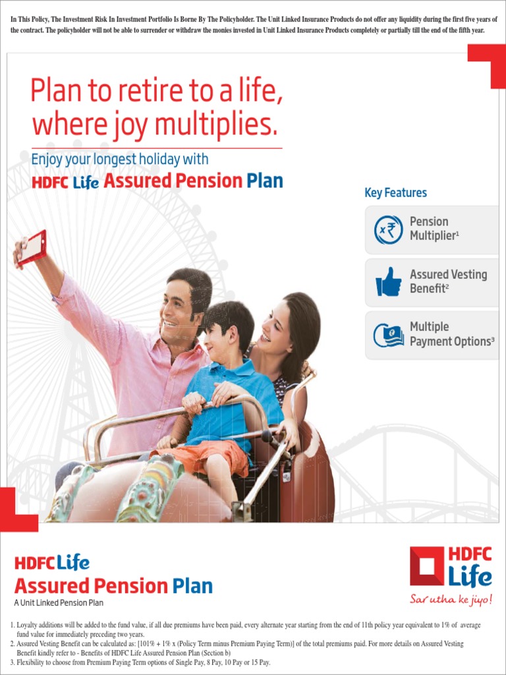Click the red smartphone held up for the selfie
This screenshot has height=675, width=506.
[32, 247]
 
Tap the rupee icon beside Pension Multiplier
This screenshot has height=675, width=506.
[389, 230]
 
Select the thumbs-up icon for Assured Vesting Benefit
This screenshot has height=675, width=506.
[389, 282]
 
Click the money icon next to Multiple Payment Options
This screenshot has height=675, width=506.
[389, 334]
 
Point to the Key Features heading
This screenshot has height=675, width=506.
[395, 193]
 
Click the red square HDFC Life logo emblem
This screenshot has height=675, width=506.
[426, 566]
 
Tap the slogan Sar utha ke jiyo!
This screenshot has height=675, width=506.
[451, 600]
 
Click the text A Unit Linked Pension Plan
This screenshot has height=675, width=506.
[59, 603]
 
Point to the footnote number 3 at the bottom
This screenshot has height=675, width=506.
[12, 662]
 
